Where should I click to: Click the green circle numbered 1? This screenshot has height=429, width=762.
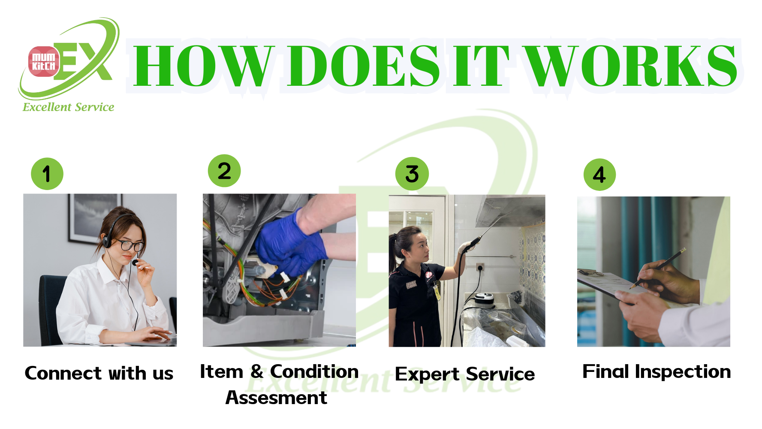tap(47, 174)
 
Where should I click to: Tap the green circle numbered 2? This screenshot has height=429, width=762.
tap(224, 171)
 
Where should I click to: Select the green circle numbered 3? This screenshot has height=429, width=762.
tap(412, 174)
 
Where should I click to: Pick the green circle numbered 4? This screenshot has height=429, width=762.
tap(599, 175)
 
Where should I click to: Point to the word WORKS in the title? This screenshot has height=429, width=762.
tap(632, 66)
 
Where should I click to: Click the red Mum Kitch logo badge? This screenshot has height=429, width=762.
tap(44, 61)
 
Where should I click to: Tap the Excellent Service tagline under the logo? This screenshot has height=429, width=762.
tap(69, 107)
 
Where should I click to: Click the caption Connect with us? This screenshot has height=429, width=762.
tap(99, 373)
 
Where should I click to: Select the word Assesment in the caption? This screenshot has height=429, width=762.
tap(276, 398)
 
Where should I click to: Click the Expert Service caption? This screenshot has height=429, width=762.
tap(465, 374)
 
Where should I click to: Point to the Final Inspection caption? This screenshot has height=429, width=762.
tap(657, 372)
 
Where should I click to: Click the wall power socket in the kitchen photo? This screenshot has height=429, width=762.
tap(480, 267)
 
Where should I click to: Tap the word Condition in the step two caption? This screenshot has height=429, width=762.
tap(314, 372)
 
